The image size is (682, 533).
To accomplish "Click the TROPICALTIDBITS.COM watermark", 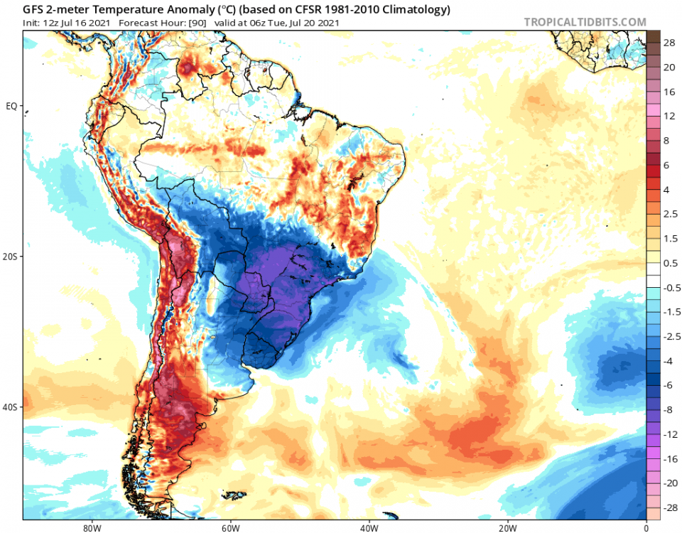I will coord(585,22).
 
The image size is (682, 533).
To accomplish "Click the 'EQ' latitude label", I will coord(11,106).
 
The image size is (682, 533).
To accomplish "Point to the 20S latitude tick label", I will coord(11,257).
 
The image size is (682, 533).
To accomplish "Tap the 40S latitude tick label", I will coord(11,407).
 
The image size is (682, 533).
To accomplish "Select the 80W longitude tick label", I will coord(90,527).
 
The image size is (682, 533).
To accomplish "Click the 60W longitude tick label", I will coord(229,527).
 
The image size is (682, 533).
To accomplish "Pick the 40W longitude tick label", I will coord(368,527).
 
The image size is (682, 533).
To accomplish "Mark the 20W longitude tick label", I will coord(507,527).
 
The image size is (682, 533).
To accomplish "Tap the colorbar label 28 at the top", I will coord(669,43).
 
